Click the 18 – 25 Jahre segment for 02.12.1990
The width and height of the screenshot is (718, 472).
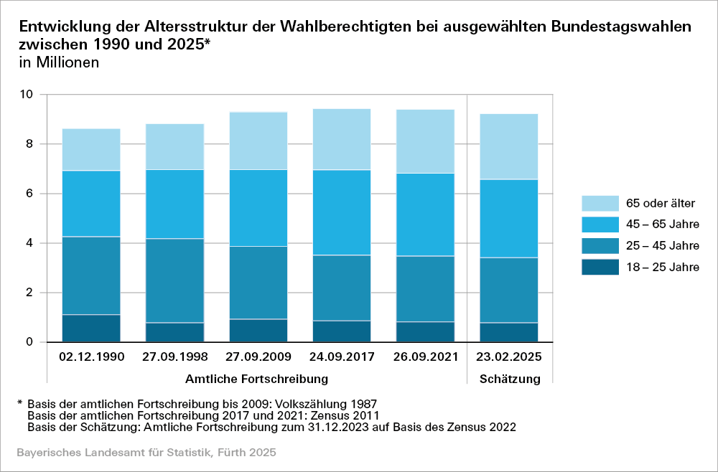pos(90,328)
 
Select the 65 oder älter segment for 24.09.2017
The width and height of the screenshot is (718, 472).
pos(341,139)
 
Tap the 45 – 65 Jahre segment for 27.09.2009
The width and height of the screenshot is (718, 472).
pos(258,208)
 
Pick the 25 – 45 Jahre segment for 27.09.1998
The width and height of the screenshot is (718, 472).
pos(174,280)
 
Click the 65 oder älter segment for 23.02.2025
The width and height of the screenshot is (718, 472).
pos(509,146)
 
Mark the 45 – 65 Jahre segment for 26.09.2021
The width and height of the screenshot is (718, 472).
pos(425,214)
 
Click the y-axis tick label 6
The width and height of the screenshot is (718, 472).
pos(30,194)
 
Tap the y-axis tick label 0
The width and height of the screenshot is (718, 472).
pos(30,342)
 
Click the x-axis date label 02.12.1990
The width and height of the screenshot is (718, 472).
pos(90,357)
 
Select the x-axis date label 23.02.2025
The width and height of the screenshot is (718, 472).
pos(509,357)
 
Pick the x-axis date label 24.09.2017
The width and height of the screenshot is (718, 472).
pos(341,357)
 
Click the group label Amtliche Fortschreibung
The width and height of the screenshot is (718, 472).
pos(257,378)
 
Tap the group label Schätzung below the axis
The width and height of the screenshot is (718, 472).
pos(510,378)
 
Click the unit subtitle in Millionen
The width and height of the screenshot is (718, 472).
pos(59,62)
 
